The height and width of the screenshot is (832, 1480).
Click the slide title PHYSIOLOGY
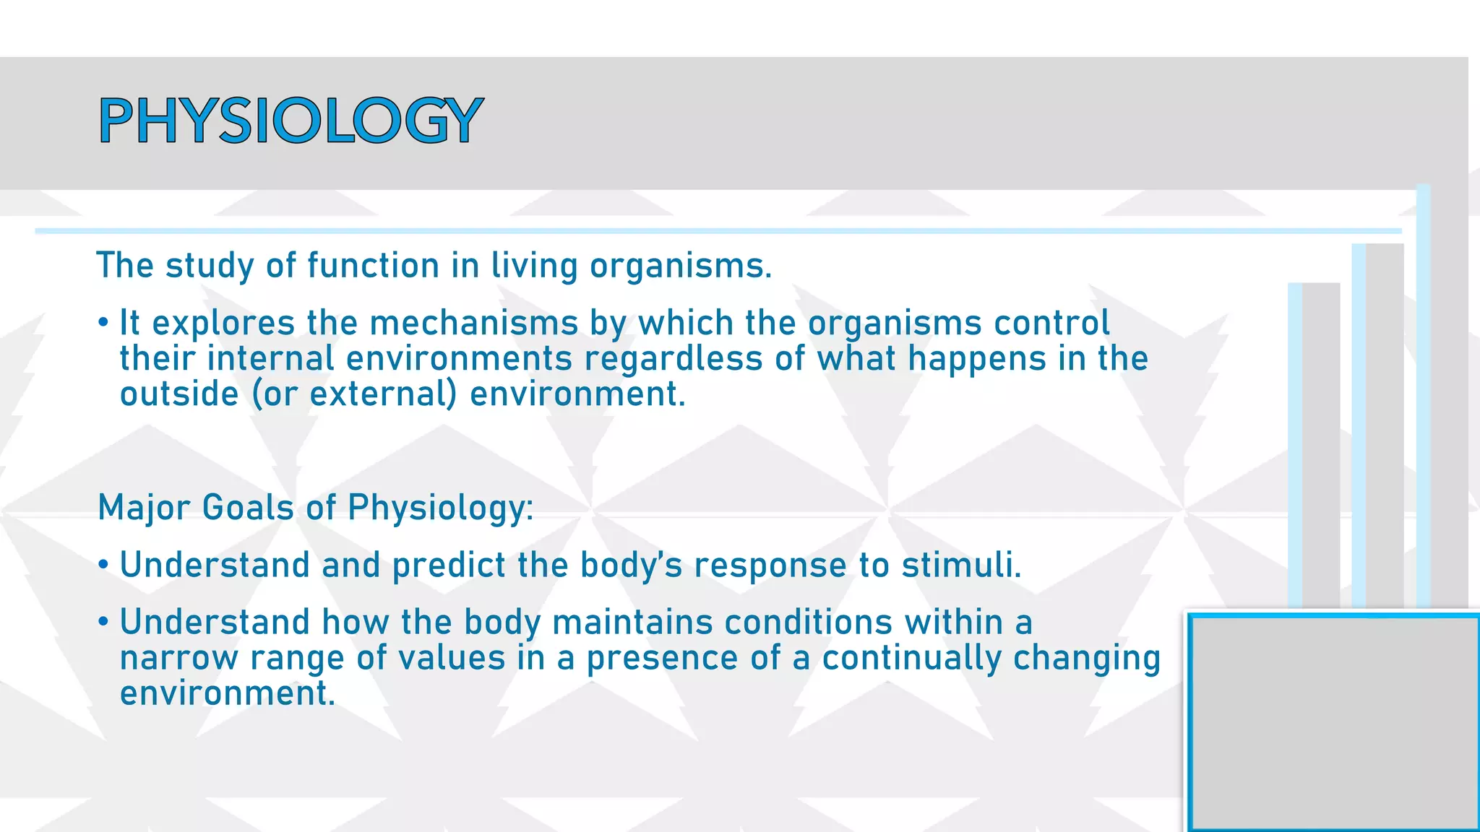tap(291, 121)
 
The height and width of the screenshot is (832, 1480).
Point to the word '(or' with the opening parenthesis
tap(275, 394)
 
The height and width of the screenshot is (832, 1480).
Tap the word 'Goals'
tap(248, 508)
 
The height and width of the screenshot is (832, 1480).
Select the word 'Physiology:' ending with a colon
tap(440, 508)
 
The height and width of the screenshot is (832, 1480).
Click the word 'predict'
tap(449, 565)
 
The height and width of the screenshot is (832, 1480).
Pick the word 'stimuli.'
tap(961, 565)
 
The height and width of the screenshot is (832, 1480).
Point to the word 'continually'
tap(912, 658)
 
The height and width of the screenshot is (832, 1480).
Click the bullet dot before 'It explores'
tap(103, 322)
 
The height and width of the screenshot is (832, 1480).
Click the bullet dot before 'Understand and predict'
tap(103, 564)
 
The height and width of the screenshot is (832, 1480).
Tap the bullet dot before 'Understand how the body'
tap(103, 621)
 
